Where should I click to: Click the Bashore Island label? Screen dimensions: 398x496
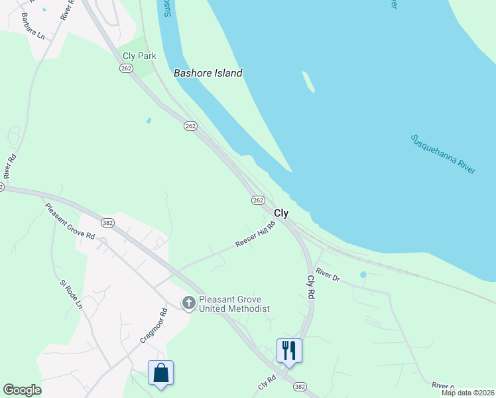208,73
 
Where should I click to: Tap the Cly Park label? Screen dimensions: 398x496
139,56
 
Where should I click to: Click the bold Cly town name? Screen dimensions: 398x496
281,213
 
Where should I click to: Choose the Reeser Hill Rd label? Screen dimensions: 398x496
255,235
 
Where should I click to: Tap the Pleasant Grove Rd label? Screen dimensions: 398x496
70,222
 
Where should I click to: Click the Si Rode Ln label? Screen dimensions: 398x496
71,295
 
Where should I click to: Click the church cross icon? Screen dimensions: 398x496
188,303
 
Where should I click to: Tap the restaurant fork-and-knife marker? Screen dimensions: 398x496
289,349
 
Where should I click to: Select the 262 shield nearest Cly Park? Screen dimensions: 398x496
126,69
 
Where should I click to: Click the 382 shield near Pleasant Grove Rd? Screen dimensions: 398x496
108,223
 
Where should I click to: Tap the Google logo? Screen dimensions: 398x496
22,390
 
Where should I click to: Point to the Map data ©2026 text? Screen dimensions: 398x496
467,393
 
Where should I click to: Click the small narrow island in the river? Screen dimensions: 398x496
308,82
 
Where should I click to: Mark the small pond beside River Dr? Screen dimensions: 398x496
363,274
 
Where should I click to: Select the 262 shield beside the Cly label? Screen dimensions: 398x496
258,200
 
